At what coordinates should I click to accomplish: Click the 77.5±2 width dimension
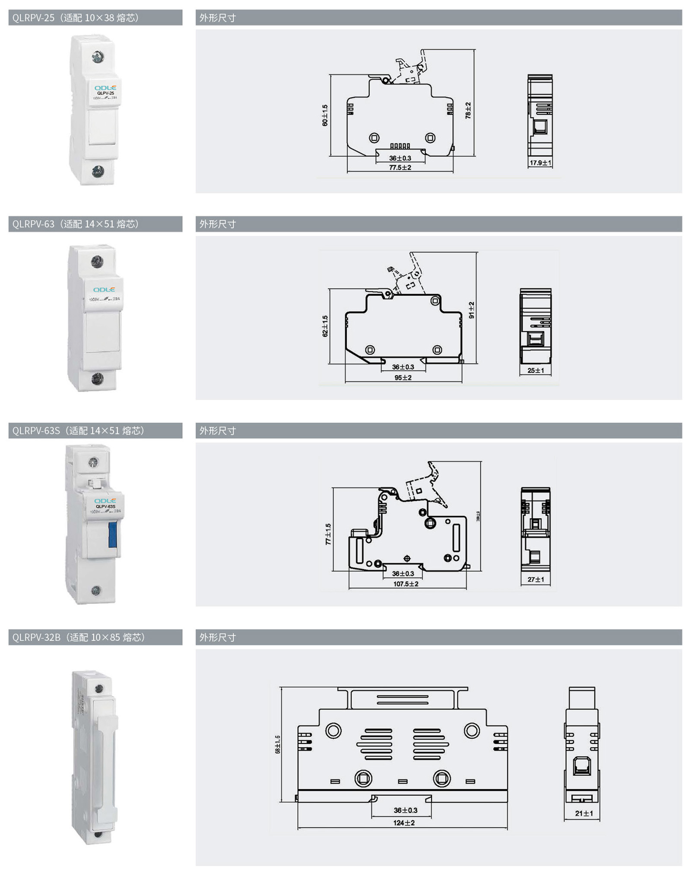400,168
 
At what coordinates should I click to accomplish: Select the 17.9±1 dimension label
540,163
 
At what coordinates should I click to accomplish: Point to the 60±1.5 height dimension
325,115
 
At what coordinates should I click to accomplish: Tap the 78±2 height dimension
468,111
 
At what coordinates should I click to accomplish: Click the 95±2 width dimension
403,378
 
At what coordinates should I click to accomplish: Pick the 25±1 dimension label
536,370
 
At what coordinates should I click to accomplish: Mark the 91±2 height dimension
471,310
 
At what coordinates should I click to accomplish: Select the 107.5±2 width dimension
406,584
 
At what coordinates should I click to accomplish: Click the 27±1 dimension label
536,579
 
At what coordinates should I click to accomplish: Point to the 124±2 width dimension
404,823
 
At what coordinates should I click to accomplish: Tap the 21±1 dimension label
584,813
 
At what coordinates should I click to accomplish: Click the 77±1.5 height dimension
328,534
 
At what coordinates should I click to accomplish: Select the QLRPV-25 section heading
76,18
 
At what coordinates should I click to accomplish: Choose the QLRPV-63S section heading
78,430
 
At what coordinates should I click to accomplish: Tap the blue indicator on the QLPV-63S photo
112,535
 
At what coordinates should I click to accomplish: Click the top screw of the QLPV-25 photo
98,56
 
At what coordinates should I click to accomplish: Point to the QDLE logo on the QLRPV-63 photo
104,290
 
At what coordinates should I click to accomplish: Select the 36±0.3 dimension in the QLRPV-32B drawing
406,810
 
